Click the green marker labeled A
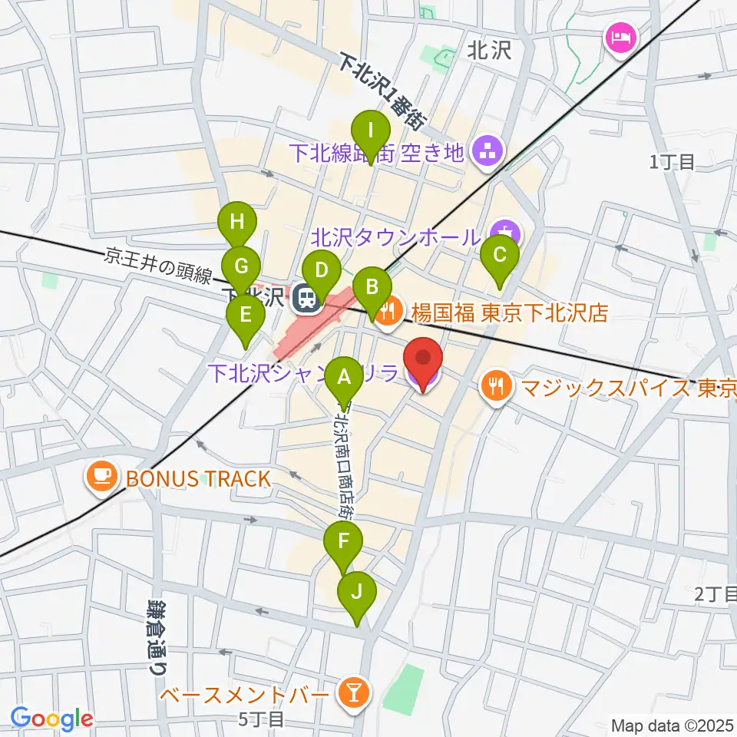(x=343, y=377)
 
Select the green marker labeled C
(x=499, y=254)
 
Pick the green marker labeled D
(x=322, y=270)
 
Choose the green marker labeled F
(x=345, y=541)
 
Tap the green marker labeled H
(x=237, y=223)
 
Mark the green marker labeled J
(x=356, y=592)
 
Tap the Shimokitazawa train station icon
(x=307, y=298)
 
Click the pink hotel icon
(x=619, y=35)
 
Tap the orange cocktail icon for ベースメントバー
(x=355, y=692)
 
